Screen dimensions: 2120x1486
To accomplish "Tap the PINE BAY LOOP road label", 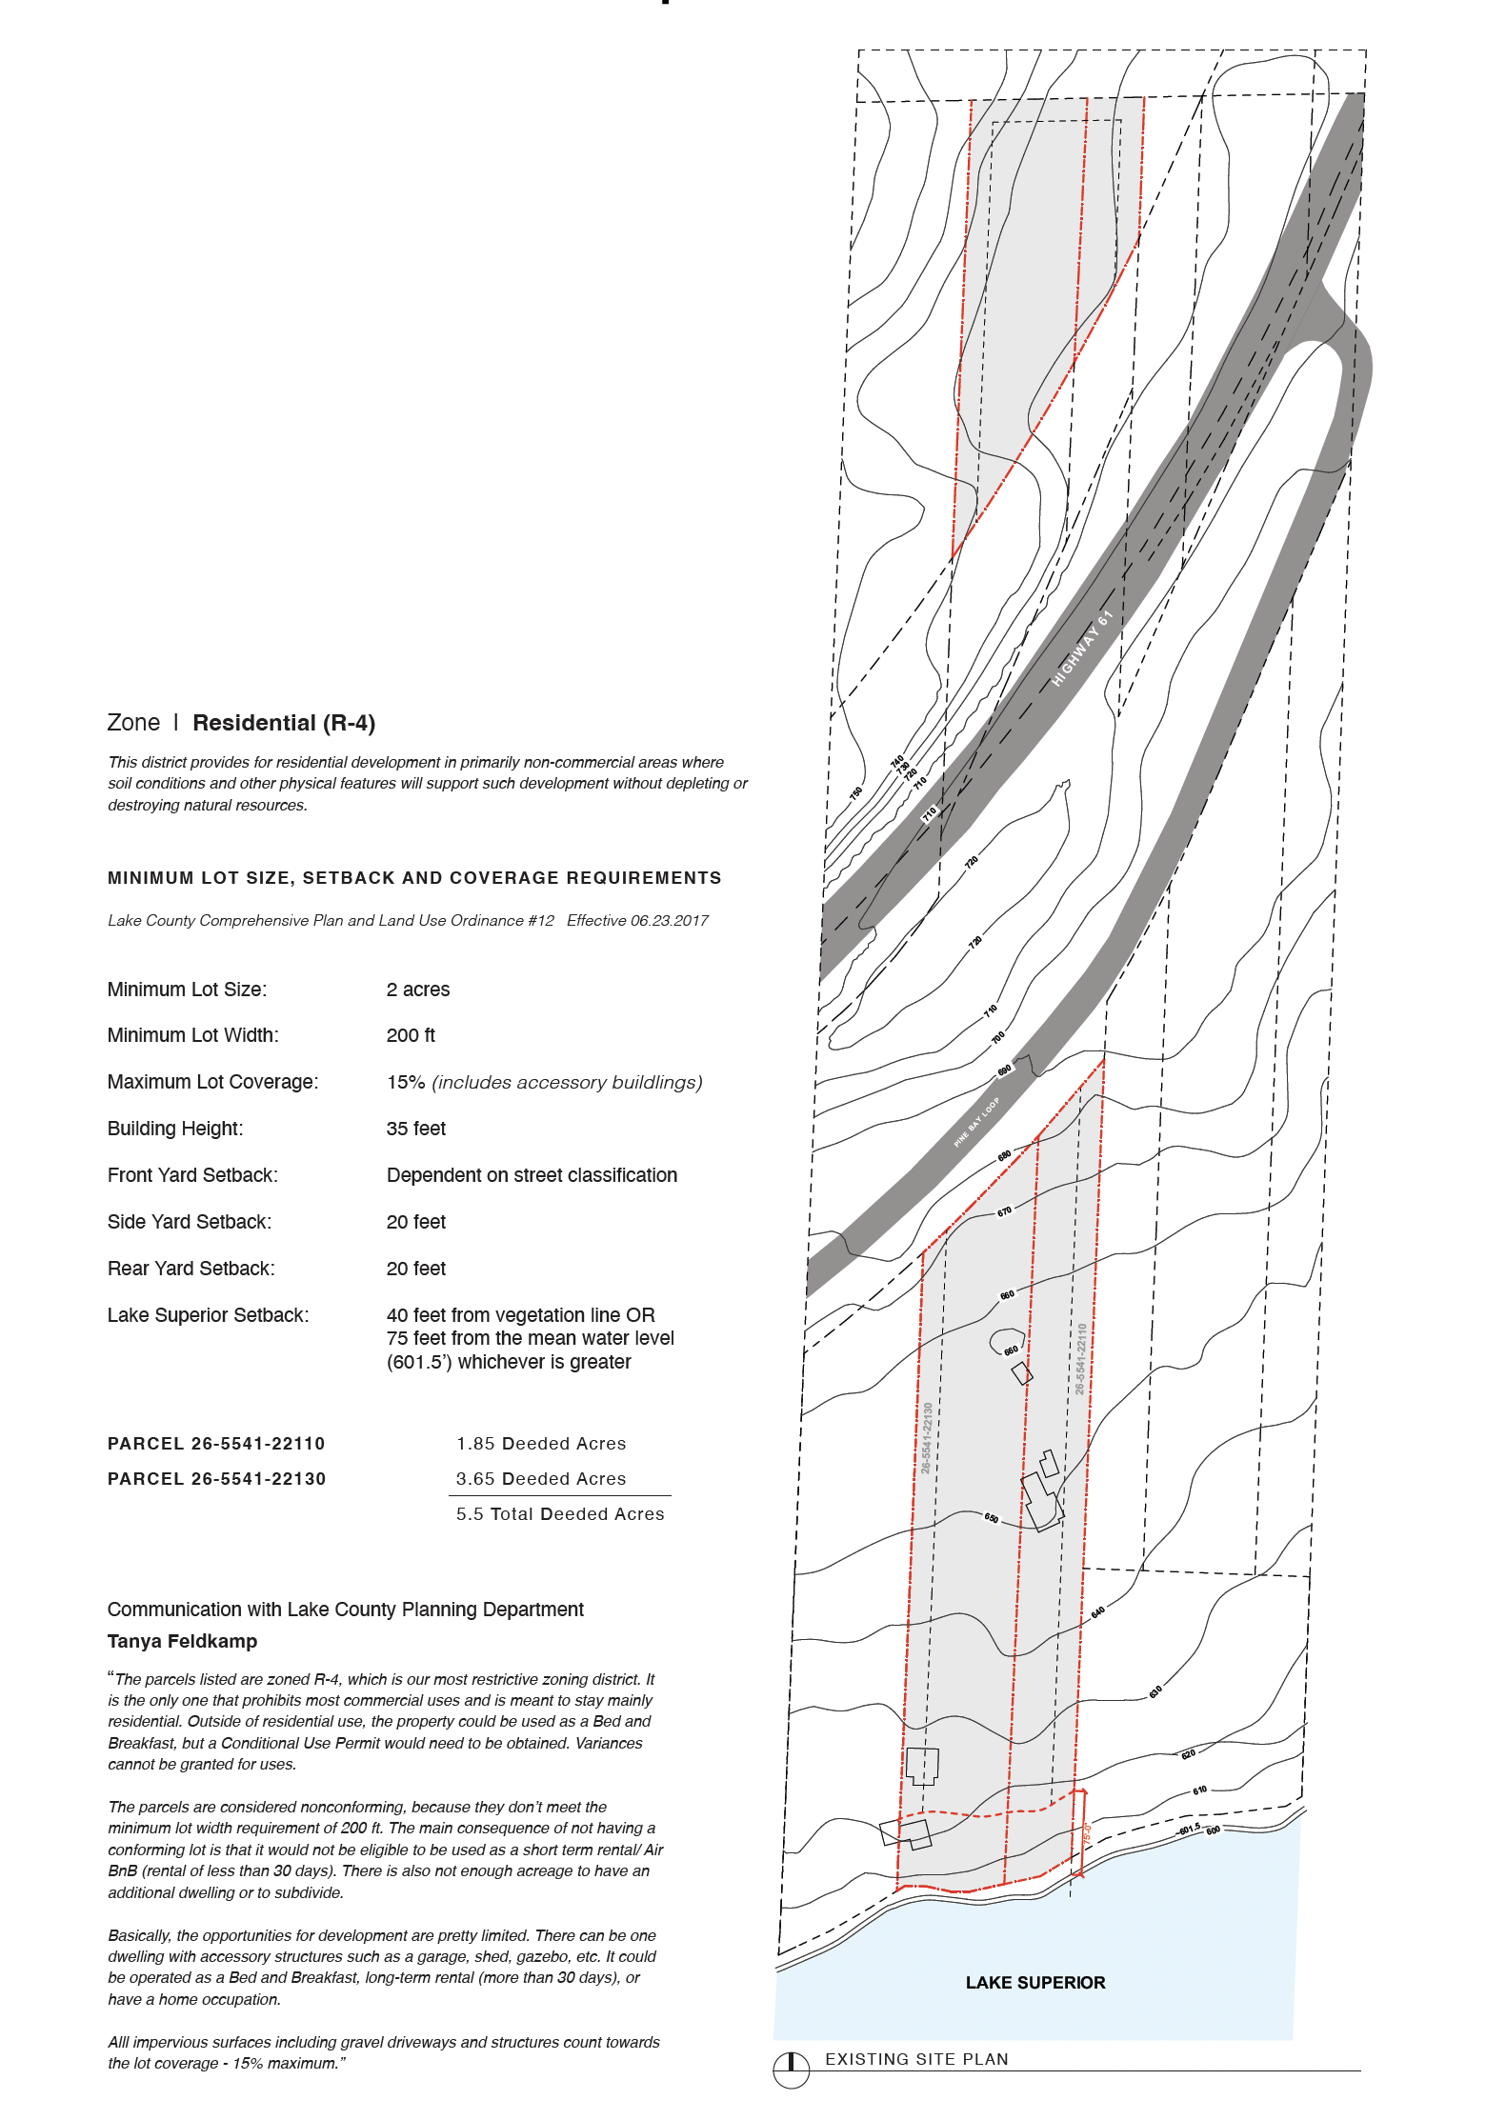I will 976,1122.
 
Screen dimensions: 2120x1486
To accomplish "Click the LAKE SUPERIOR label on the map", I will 1035,1982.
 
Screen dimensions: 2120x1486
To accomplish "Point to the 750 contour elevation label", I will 856,791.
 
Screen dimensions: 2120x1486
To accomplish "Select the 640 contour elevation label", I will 1098,1612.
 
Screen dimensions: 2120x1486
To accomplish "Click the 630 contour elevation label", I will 1155,1692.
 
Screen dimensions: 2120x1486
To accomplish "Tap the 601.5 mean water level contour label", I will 1190,1829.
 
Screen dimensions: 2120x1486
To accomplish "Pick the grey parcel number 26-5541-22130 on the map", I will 927,1438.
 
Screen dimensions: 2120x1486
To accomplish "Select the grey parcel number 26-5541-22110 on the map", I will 1080,1358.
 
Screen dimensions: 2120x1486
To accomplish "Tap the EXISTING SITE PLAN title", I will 916,2059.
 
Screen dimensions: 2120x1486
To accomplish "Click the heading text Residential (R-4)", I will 284,723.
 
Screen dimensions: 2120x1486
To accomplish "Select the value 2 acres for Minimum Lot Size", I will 418,990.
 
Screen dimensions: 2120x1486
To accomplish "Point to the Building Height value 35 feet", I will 416,1129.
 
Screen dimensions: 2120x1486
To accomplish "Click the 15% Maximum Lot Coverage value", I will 406,1082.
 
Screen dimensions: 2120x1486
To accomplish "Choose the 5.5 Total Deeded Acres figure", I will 560,1513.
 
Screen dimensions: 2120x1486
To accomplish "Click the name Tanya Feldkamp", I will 182,1641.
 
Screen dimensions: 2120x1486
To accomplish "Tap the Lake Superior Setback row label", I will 208,1315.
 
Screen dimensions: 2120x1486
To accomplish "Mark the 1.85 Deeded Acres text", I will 541,1443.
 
